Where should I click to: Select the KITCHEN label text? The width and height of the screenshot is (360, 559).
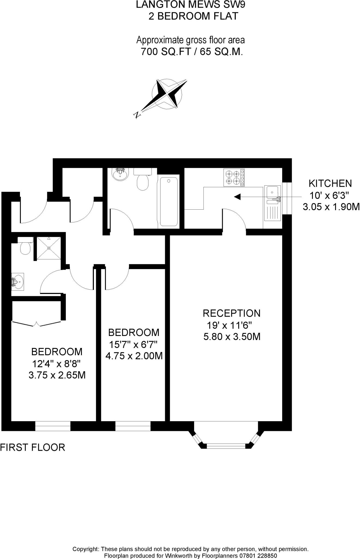coord(330,183)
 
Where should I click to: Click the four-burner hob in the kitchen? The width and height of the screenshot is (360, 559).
coord(234,177)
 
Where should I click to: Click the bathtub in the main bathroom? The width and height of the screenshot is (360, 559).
coord(169,201)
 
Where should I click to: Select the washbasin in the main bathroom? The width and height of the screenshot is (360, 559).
coord(120,174)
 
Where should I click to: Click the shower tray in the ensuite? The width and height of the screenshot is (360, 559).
coord(49,248)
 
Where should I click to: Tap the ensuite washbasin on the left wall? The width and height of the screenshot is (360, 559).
coord(18,281)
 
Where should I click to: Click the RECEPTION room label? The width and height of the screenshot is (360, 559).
coord(231,313)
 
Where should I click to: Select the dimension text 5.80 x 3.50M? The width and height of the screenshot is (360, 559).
coord(232,337)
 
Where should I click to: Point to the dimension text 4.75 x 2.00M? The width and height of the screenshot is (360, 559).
coord(134,356)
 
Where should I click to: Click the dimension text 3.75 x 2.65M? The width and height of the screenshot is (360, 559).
coord(57,375)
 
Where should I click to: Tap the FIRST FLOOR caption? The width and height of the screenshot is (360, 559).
coord(32,447)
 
